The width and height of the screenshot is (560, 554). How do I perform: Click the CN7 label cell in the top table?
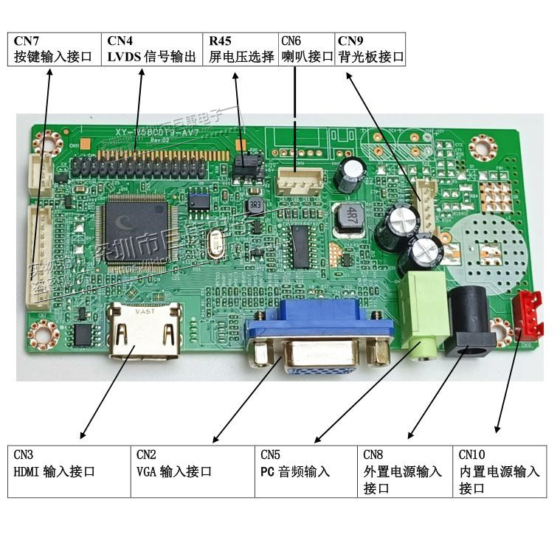[55, 49]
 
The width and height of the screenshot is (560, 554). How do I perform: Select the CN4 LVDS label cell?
[152, 49]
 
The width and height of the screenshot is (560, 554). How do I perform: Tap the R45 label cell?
[241, 49]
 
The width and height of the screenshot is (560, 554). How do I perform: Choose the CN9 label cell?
[370, 49]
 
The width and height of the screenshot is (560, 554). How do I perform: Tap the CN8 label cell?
[405, 471]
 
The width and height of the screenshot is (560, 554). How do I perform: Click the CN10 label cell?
[499, 471]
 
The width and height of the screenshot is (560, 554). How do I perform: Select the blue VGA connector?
[319, 340]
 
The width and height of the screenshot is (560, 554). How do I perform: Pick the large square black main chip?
[137, 229]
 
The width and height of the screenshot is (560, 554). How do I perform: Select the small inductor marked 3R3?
[255, 204]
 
